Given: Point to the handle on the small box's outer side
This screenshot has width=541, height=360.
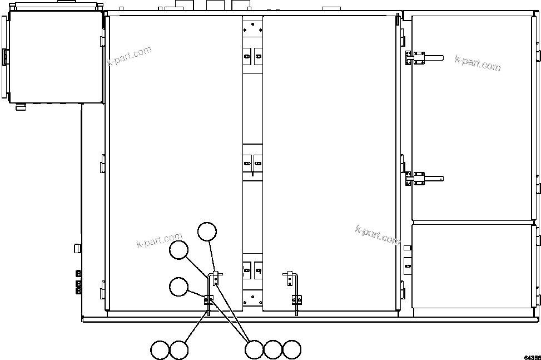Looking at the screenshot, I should point(4,56).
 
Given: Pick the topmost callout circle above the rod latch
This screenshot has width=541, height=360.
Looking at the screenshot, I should point(207,231).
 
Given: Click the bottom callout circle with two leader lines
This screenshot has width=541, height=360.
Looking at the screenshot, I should point(254,350).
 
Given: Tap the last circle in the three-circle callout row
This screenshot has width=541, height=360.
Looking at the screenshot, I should point(292,350).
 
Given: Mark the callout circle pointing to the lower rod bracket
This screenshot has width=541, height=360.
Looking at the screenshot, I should point(179,287).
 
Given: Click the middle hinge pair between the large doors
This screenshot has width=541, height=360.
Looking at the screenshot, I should point(252,162).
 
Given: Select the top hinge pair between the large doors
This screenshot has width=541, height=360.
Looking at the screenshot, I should point(252,55).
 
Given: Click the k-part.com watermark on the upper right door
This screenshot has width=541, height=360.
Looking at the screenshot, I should point(477,63).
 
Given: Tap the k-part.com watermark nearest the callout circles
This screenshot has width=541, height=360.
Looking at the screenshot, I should point(159,240).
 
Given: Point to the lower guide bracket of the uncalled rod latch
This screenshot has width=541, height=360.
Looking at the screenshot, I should point(296,300).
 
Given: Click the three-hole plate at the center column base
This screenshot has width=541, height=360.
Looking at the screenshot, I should point(252,298).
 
